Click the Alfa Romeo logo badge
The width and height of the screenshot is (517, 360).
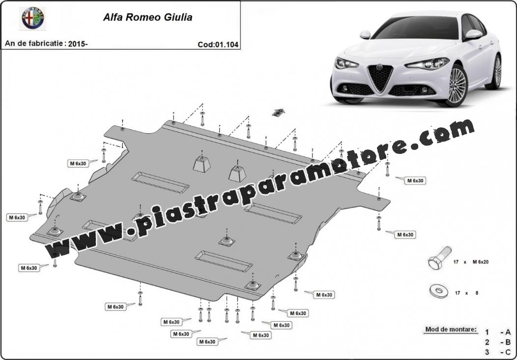tap(33, 18)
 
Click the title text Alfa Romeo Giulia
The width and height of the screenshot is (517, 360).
tap(148, 17)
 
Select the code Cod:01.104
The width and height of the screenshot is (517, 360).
tap(218, 45)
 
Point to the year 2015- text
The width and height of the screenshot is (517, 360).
tap(78, 44)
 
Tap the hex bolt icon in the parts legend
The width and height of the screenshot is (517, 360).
tap(440, 257)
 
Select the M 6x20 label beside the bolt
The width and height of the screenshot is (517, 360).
tap(481, 262)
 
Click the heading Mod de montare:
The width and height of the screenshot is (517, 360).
tap(451, 329)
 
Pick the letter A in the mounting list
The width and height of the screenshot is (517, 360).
tap(508, 332)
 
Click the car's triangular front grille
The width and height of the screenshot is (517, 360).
tap(380, 78)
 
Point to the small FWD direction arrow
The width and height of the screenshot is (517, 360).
tap(278, 112)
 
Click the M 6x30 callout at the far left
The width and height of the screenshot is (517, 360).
tap(17, 217)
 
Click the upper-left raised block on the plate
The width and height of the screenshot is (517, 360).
tap(202, 164)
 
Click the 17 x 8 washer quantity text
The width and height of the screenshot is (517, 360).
tap(466, 293)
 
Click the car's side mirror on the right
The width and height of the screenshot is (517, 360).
tap(473, 34)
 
